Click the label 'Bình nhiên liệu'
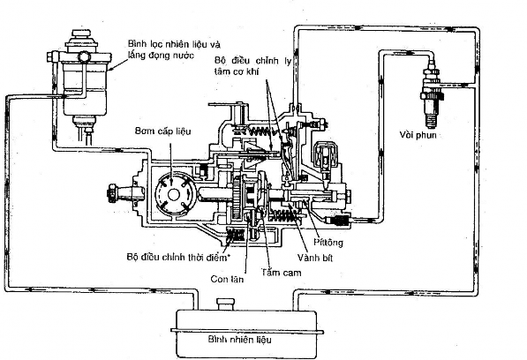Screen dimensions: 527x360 (239, 340)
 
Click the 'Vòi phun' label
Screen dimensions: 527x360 (418, 135)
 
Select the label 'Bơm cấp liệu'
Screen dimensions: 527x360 (162, 131)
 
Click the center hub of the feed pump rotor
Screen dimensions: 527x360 (173, 194)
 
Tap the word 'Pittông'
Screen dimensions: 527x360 (328, 242)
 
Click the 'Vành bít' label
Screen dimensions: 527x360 (315, 258)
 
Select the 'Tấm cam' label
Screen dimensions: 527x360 (282, 272)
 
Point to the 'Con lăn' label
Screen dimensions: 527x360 (227, 279)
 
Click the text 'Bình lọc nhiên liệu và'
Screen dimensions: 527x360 (174, 44)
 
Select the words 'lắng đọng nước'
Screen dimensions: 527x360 (161, 55)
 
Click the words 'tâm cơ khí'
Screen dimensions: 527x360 (237, 71)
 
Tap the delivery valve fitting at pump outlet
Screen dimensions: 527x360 (339, 221)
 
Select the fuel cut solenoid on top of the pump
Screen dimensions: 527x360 (323, 156)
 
